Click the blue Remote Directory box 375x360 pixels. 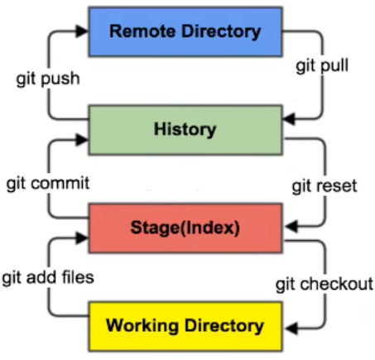point(185,31)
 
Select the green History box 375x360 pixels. point(185,130)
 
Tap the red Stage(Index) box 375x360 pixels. point(185,228)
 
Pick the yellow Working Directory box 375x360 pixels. point(185,327)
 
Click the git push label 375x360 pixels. point(48,79)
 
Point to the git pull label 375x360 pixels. point(322,66)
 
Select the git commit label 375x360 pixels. point(48,184)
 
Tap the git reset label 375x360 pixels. point(325,186)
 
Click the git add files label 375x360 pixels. point(48,277)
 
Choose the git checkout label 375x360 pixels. point(325,284)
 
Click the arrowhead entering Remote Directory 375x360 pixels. point(82,31)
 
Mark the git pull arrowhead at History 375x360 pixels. point(289,119)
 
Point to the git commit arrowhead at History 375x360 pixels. point(82,140)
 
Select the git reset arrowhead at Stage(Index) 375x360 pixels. point(291,227)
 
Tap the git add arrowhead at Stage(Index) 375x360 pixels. point(82,238)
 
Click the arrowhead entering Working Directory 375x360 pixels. point(291,329)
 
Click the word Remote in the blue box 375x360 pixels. point(142,31)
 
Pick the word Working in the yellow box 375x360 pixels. point(142,326)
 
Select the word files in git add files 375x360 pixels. point(78,276)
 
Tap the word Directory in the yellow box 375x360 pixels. point(224,326)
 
